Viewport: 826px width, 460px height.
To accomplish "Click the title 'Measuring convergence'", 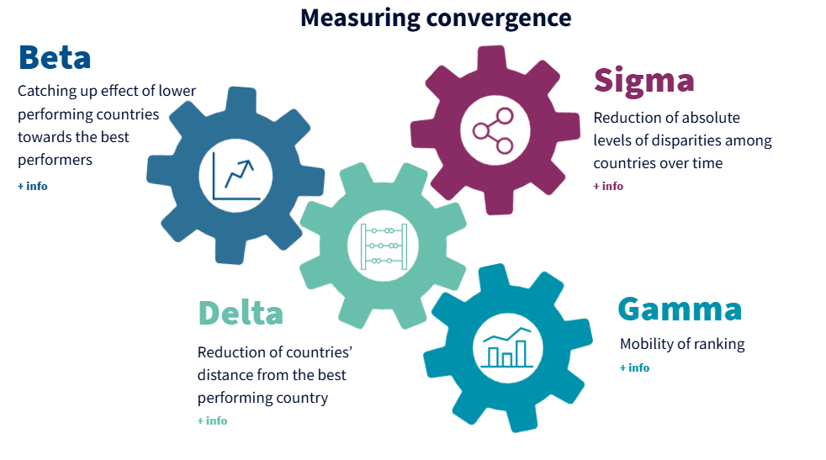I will tap(436, 18).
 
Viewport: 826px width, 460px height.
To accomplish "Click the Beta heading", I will tap(55, 57).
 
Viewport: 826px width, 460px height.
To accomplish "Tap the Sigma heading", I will tap(643, 80).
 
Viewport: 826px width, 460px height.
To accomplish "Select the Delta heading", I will tap(240, 312).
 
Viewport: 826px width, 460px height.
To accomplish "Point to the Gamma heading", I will tap(680, 309).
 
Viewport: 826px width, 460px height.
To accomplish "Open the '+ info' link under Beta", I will tap(33, 186).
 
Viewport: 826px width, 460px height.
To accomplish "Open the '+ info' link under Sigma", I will tap(608, 186).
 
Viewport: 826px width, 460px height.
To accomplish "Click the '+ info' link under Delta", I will tap(212, 420).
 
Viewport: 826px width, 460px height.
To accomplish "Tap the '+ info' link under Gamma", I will tap(634, 367).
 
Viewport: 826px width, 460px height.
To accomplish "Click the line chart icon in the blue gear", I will tap(235, 175).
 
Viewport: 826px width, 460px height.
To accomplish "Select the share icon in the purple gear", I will tap(493, 130).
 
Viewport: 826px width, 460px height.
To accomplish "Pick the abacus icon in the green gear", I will tap(384, 246).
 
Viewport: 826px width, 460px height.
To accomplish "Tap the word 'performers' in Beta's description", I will tap(55, 159).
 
